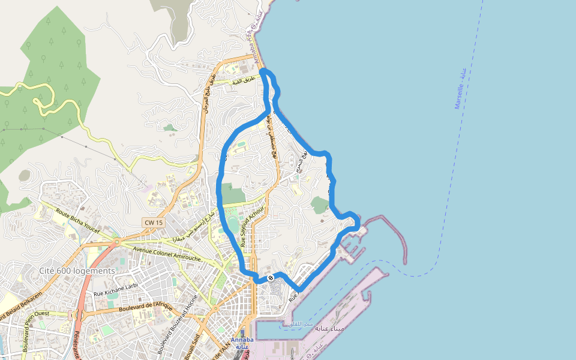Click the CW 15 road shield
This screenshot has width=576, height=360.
coord(154,223)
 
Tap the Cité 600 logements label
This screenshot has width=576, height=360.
coord(77,271)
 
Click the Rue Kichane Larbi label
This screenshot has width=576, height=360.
coord(116,294)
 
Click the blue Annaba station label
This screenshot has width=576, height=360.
coord(242,343)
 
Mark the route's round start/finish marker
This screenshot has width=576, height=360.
coord(271,278)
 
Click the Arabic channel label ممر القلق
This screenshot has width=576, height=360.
coord(301,325)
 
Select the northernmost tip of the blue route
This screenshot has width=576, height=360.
coord(264,71)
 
